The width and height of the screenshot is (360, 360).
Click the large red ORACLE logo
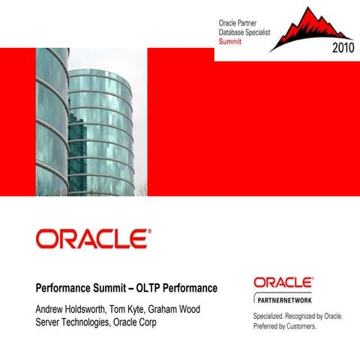pos(93,239)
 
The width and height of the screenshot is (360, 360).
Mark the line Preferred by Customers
pos(285,327)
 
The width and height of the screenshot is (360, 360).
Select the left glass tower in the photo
pos(51,120)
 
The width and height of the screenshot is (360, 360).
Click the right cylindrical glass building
pos(100,131)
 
